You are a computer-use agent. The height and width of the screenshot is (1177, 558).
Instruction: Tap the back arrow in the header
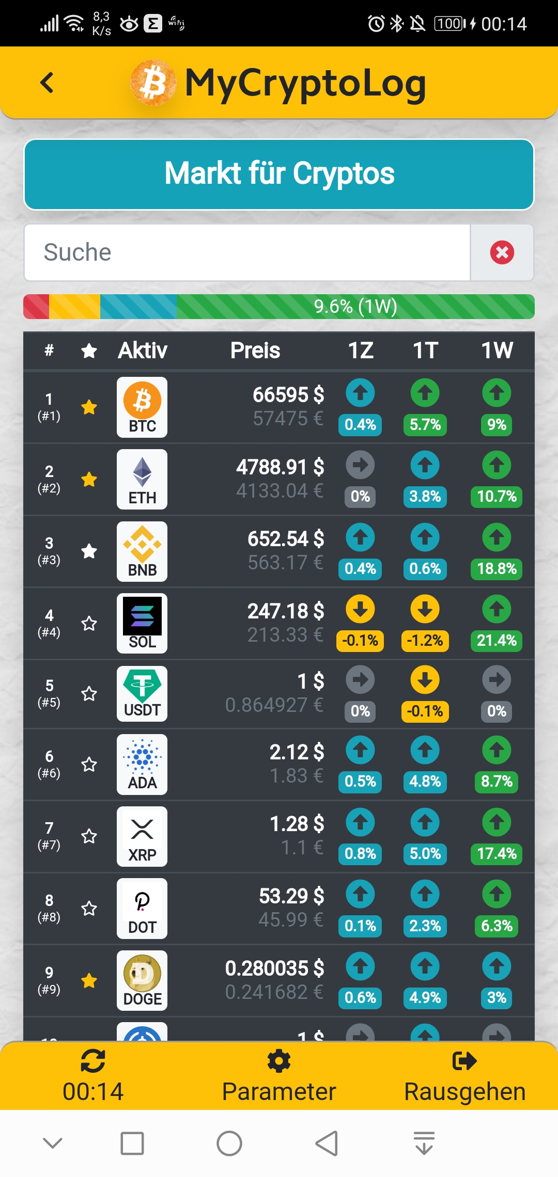[47, 83]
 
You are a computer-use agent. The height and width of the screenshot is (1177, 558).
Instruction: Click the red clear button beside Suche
[502, 252]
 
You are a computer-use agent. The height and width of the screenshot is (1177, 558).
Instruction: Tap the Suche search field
[247, 252]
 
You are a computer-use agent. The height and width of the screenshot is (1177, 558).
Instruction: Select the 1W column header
[497, 351]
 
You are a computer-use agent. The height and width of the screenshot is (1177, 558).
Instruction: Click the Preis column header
[255, 351]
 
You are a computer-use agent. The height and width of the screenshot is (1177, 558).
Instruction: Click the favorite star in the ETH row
[89, 480]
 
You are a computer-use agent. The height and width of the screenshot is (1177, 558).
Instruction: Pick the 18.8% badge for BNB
[497, 568]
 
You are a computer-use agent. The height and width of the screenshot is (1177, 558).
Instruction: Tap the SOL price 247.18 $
[286, 611]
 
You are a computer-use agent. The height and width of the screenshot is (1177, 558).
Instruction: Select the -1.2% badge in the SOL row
[425, 641]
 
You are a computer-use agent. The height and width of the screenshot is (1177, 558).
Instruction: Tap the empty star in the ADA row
[89, 764]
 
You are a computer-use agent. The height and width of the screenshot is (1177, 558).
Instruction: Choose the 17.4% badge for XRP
[497, 853]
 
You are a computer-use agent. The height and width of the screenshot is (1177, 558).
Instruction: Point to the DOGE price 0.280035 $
[274, 968]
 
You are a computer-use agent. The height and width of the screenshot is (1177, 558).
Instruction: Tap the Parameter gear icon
[279, 1061]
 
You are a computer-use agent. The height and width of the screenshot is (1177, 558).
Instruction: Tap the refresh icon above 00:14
[93, 1061]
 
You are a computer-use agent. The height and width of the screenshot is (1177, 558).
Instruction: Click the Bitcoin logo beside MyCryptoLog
[153, 83]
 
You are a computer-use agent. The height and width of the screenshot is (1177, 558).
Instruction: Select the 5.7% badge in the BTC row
[425, 425]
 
